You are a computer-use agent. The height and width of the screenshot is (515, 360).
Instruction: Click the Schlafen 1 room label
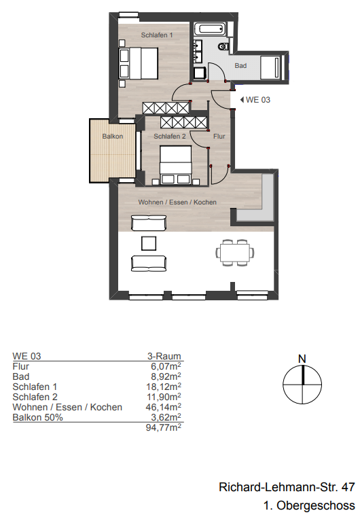pyautogui.click(x=157, y=35)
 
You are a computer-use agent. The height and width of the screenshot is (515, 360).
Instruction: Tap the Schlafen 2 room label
pyautogui.click(x=170, y=137)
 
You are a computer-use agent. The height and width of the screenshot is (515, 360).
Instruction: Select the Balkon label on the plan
pyautogui.click(x=112, y=137)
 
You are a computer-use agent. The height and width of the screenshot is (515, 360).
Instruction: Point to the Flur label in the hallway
pyautogui.click(x=219, y=137)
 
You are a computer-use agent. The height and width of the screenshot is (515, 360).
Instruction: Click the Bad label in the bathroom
pyautogui.click(x=240, y=66)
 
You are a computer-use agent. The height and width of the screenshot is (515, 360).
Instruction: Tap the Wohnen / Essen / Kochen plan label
pyautogui.click(x=177, y=202)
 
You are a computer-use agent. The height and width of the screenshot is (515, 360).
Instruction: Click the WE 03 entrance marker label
pyautogui.click(x=257, y=100)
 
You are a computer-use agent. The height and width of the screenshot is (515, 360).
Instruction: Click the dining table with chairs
pyautogui.click(x=236, y=253)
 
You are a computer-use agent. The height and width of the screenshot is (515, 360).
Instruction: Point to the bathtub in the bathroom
pyautogui.click(x=211, y=31)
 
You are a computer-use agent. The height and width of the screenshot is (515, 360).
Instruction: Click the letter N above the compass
pyautogui.click(x=302, y=358)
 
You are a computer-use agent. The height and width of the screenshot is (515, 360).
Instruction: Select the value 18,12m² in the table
pyautogui.click(x=165, y=386)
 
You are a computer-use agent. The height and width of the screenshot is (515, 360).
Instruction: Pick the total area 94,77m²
pyautogui.click(x=164, y=428)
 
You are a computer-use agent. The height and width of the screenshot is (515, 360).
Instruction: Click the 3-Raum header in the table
pyautogui.click(x=165, y=355)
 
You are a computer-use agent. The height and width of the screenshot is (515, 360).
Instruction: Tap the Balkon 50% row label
pyautogui.click(x=37, y=417)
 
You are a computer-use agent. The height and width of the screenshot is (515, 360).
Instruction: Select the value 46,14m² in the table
pyautogui.click(x=165, y=407)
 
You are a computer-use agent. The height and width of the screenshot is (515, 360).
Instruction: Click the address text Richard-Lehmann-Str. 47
pyautogui.click(x=287, y=487)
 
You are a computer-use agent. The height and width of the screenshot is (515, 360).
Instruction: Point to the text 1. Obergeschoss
pyautogui.click(x=309, y=505)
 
